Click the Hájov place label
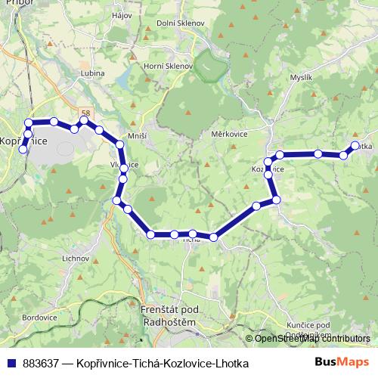[x=133, y=15]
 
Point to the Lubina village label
[x=91, y=74]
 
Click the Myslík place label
[x=301, y=78]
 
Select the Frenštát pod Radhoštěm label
[x=169, y=317]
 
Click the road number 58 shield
[x=87, y=113]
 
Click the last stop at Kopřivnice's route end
[x=23, y=150]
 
